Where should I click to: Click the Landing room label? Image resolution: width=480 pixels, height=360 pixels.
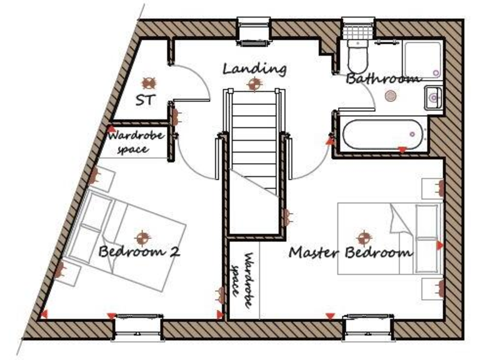[x=255, y=68]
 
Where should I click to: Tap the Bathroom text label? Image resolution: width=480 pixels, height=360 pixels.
[x=382, y=79]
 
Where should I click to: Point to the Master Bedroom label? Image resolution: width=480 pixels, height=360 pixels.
[x=351, y=253]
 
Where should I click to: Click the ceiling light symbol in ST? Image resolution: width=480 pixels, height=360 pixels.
[x=149, y=82]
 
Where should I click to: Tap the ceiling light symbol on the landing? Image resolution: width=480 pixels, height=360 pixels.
[x=254, y=84]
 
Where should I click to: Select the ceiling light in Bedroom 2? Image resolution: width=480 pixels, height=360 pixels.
[x=144, y=236]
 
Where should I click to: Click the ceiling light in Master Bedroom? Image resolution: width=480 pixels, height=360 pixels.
[x=364, y=237]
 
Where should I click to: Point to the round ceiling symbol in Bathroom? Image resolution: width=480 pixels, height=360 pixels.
[x=391, y=96]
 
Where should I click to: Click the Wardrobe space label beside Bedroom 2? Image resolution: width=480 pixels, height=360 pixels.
[x=136, y=142]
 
